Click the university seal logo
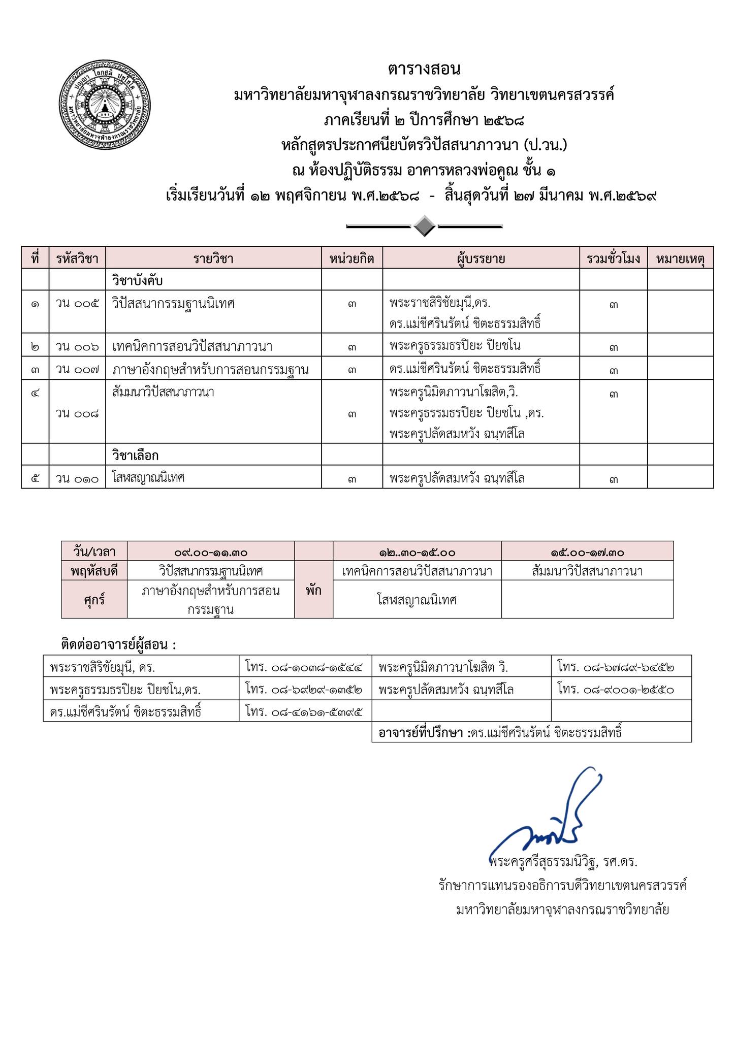pos(105,106)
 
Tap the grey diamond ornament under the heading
pos(424,226)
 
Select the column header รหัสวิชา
pos(77,258)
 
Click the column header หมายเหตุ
pos(680,258)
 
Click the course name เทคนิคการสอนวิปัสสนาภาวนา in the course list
pos(193,347)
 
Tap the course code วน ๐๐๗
pos(77,369)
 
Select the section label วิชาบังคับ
pos(137,280)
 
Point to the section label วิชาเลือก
pos(135,455)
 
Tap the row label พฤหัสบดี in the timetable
pos(94,571)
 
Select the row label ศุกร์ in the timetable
pos(94,600)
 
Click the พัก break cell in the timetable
pos(313,591)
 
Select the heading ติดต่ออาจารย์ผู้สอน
pos(118,645)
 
